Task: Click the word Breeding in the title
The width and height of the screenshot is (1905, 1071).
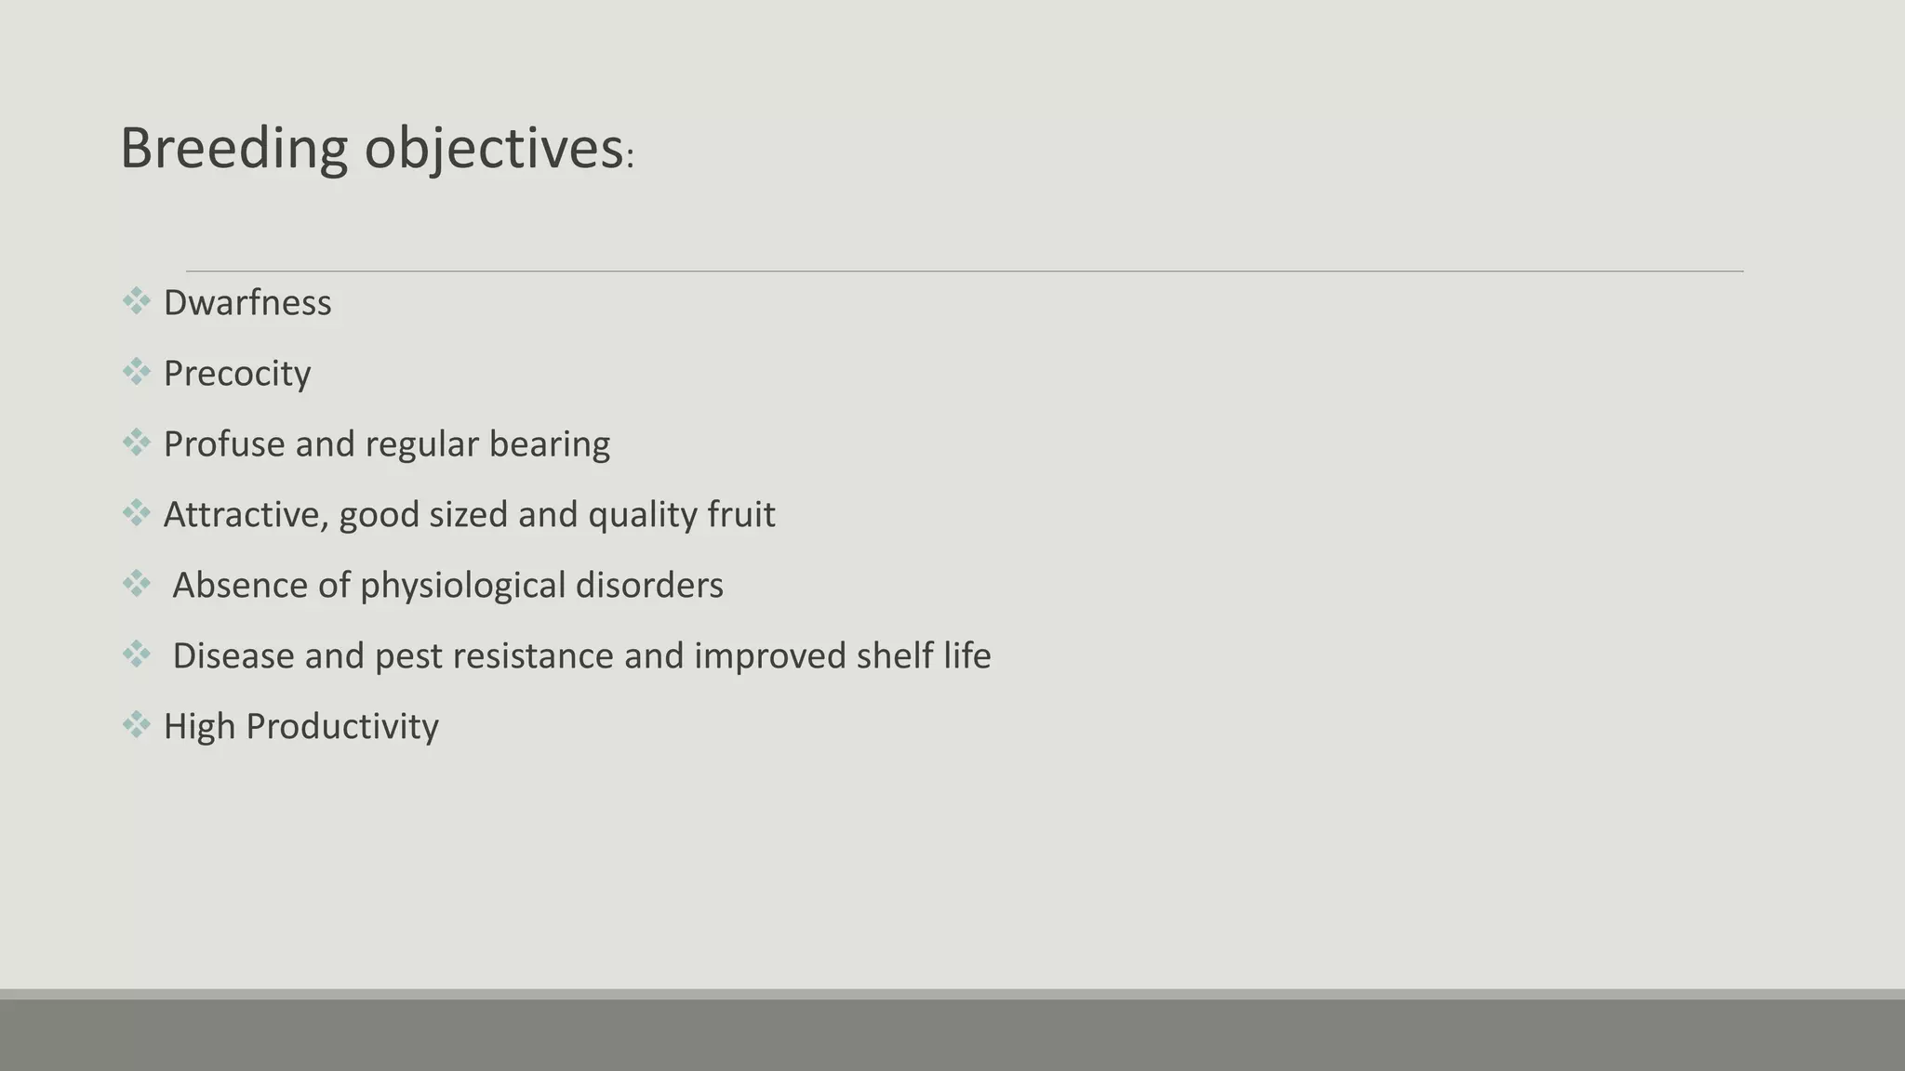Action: point(233,149)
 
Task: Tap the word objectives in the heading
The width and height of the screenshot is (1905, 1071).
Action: point(493,149)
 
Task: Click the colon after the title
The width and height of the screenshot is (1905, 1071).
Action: point(630,159)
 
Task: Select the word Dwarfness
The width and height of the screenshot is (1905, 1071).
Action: point(247,303)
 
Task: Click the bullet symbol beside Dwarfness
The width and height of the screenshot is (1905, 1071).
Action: point(136,301)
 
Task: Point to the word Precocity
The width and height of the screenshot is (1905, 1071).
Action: point(237,374)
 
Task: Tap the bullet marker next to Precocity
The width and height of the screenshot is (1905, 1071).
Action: point(136,372)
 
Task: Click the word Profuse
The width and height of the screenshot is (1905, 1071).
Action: point(224,444)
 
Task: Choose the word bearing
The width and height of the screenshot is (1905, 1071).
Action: point(550,444)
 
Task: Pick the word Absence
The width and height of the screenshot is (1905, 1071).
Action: point(239,586)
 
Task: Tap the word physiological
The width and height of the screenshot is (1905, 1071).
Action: point(463,586)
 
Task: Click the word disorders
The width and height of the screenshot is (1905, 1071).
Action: point(649,586)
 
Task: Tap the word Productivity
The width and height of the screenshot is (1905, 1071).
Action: point(342,727)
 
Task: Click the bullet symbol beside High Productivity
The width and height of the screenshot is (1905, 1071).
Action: point(136,724)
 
